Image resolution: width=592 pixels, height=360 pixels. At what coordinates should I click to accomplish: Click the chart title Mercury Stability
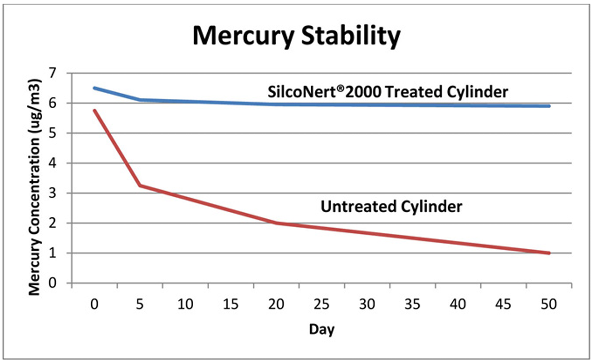pyautogui.click(x=296, y=37)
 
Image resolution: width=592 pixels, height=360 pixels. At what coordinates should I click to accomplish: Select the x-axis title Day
pyautogui.click(x=322, y=329)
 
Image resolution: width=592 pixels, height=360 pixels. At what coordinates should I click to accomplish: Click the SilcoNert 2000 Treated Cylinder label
pyautogui.click(x=387, y=92)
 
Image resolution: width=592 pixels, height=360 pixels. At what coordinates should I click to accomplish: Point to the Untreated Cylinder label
pyautogui.click(x=392, y=207)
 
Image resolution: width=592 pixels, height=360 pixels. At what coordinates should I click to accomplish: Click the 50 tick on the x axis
pyautogui.click(x=549, y=304)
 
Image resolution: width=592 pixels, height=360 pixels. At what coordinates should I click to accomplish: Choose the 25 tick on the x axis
pyautogui.click(x=322, y=304)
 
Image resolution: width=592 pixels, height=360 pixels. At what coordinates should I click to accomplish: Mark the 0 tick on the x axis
pyautogui.click(x=94, y=304)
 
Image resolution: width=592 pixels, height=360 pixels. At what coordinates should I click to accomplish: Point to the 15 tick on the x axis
pyautogui.click(x=230, y=304)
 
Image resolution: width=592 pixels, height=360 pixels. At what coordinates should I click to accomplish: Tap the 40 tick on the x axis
pyautogui.click(x=458, y=304)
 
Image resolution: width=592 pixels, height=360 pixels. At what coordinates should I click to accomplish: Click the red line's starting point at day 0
pyautogui.click(x=94, y=110)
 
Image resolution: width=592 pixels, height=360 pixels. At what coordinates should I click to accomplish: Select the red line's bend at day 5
pyautogui.click(x=140, y=185)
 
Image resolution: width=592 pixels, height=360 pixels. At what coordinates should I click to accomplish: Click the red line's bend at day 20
pyautogui.click(x=276, y=223)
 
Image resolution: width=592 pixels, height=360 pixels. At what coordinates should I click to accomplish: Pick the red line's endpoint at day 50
pyautogui.click(x=549, y=253)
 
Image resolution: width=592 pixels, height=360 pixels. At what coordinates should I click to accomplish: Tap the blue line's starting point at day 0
pyautogui.click(x=94, y=88)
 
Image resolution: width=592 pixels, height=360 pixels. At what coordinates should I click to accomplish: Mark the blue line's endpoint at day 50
pyautogui.click(x=549, y=106)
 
